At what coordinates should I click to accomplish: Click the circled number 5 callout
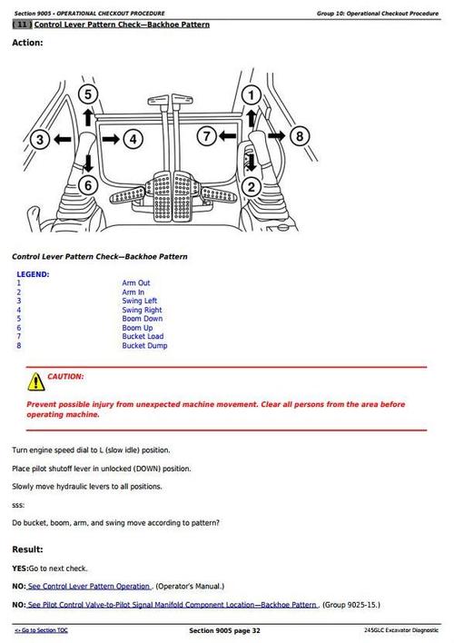pyautogui.click(x=88, y=94)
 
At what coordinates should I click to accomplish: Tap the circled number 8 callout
pyautogui.click(x=300, y=136)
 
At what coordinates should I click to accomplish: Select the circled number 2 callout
pyautogui.click(x=251, y=187)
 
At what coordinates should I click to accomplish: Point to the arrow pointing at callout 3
pyautogui.click(x=63, y=140)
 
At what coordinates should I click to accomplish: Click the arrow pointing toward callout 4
pyautogui.click(x=111, y=140)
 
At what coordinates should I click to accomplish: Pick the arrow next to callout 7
pyautogui.click(x=227, y=135)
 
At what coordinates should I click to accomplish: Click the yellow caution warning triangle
pyautogui.click(x=36, y=381)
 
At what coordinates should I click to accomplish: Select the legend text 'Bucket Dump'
pyautogui.click(x=144, y=346)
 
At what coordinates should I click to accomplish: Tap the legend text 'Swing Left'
pyautogui.click(x=140, y=301)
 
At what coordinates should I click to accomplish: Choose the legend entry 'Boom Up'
pyautogui.click(x=137, y=328)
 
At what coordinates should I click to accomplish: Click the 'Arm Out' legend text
pyautogui.click(x=136, y=283)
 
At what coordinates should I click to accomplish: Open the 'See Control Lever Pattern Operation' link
pyautogui.click(x=89, y=587)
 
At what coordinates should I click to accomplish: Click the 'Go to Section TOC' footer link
pyautogui.click(x=41, y=630)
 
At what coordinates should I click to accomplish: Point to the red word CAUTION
pyautogui.click(x=65, y=377)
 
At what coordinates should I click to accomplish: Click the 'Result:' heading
pyautogui.click(x=27, y=549)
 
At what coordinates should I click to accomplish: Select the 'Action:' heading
pyautogui.click(x=27, y=43)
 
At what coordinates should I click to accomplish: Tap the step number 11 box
pyautogui.click(x=22, y=25)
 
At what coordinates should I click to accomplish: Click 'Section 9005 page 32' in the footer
pyautogui.click(x=225, y=630)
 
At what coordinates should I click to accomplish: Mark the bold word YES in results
pyautogui.click(x=19, y=569)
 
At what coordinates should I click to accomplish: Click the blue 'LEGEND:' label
pyautogui.click(x=33, y=274)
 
